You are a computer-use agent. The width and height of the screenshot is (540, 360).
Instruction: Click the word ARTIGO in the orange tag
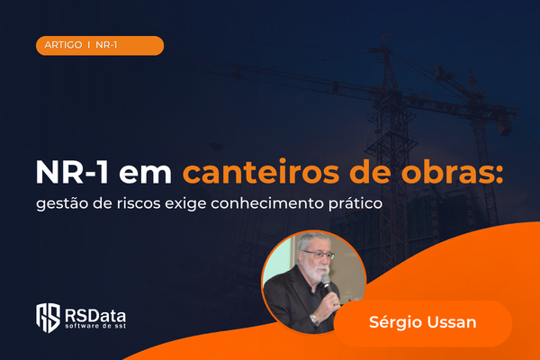pos(63,45)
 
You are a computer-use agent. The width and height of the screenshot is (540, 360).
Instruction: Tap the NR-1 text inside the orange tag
pos(106,45)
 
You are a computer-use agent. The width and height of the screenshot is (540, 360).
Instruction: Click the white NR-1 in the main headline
pos(72,172)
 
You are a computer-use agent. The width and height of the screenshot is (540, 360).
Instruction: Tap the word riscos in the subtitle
pos(139,203)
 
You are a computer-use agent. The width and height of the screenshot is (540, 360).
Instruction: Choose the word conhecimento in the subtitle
pos(267,203)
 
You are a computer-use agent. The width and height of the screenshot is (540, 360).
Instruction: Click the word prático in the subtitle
pos(355,203)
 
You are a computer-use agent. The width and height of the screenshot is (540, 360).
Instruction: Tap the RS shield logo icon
pos(49,318)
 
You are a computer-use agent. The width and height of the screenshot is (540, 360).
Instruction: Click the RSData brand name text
pos(95,316)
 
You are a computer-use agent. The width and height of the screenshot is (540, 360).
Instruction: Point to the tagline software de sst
pos(95,326)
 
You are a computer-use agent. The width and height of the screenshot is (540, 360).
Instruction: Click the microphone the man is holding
pos(327,283)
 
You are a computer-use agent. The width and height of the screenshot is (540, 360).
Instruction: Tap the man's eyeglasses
pos(319,255)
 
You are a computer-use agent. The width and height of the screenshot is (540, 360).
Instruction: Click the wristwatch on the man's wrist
pos(314,319)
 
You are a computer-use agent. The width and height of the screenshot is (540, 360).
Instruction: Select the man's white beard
pos(317,271)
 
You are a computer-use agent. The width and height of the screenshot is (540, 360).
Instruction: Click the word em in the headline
pos(145,174)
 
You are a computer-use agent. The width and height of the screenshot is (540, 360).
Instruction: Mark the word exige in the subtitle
pos(185,203)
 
